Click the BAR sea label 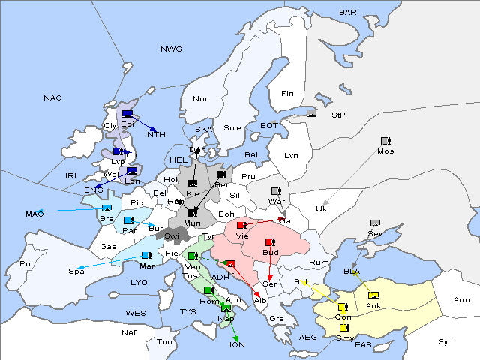(x=348, y=13)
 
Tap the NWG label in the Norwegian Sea (x=171, y=49)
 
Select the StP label (x=338, y=115)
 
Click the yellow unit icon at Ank (x=373, y=294)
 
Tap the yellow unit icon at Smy (x=344, y=328)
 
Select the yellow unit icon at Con (x=343, y=307)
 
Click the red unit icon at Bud (x=270, y=242)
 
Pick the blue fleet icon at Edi (x=127, y=115)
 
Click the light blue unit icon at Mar (x=146, y=256)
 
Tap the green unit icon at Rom (x=208, y=290)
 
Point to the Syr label (x=445, y=341)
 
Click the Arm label (x=461, y=300)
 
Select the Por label (x=27, y=264)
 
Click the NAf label (x=130, y=332)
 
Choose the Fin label (x=287, y=94)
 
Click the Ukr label (x=323, y=208)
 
